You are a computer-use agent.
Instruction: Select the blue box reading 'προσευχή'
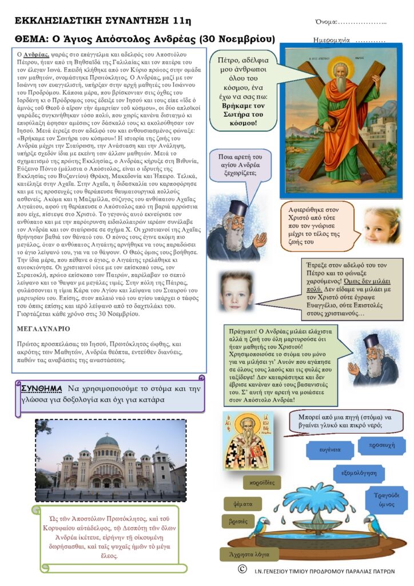(378, 445)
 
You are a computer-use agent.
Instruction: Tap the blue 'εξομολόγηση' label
(359, 474)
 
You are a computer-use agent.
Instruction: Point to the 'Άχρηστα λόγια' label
(249, 554)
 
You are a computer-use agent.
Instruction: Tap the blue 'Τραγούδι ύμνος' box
(383, 499)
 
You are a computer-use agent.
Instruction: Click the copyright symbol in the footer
(242, 569)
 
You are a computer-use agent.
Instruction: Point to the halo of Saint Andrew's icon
(342, 67)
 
